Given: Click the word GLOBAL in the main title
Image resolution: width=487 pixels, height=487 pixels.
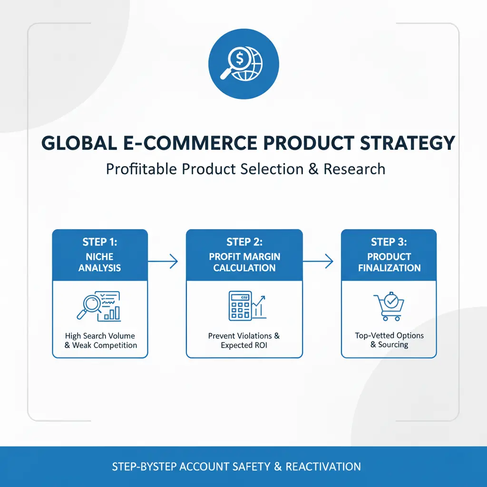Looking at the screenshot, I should click(x=76, y=143).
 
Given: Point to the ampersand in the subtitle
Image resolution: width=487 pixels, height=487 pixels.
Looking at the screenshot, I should click(x=313, y=169).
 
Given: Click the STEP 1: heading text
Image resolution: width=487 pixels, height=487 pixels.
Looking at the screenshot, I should click(x=100, y=242).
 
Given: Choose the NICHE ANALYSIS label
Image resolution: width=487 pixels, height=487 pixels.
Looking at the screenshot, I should click(x=100, y=262).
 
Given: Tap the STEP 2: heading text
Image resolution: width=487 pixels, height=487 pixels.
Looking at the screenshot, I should click(x=244, y=242).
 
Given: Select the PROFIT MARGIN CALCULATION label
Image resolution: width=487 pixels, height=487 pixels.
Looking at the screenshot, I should click(x=244, y=262).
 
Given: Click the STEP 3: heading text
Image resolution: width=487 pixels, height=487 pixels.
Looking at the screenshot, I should click(x=389, y=242).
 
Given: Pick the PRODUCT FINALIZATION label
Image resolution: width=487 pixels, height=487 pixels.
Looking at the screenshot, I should click(x=389, y=262).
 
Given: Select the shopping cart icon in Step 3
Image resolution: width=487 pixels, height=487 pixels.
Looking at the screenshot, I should click(x=389, y=307).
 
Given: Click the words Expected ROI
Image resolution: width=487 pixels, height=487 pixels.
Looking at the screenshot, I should click(x=244, y=345).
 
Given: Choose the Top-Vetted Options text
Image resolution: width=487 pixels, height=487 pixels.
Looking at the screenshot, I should click(x=389, y=335).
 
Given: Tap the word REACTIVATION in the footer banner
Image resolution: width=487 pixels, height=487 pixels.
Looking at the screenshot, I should click(x=323, y=467).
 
